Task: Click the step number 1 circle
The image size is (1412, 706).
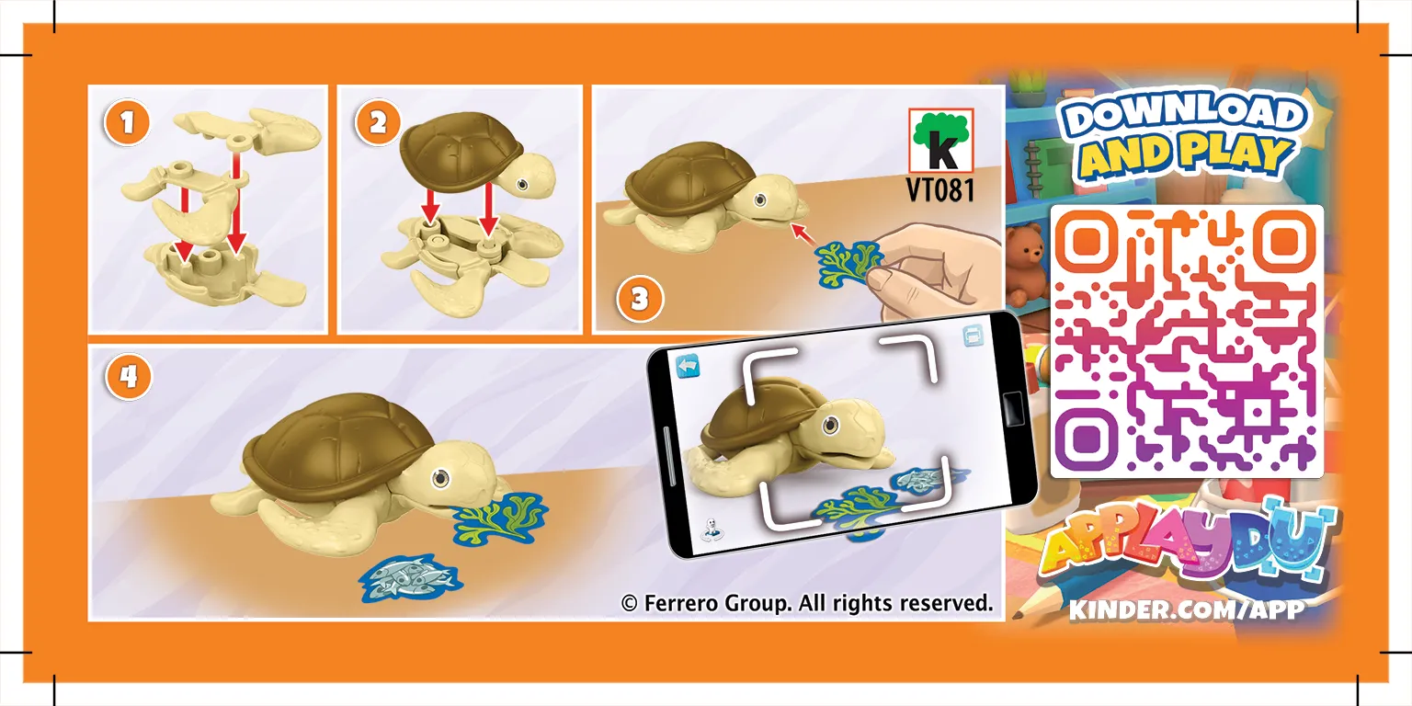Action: pos(128,123)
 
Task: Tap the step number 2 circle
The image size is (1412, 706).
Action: pos(378,123)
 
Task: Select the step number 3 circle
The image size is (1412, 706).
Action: pos(640,300)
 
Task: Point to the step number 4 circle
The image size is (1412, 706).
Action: pos(129,377)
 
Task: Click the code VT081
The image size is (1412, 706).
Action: pos(940,189)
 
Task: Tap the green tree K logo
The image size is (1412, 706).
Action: pos(940,141)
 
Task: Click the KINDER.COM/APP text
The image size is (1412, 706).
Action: pos(1187,609)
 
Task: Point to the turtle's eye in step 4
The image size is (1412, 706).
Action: pos(440,478)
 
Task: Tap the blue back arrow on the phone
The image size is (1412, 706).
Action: pos(689,366)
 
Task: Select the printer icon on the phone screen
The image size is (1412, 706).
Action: pos(974,336)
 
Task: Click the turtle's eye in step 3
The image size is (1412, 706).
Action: pos(760,199)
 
